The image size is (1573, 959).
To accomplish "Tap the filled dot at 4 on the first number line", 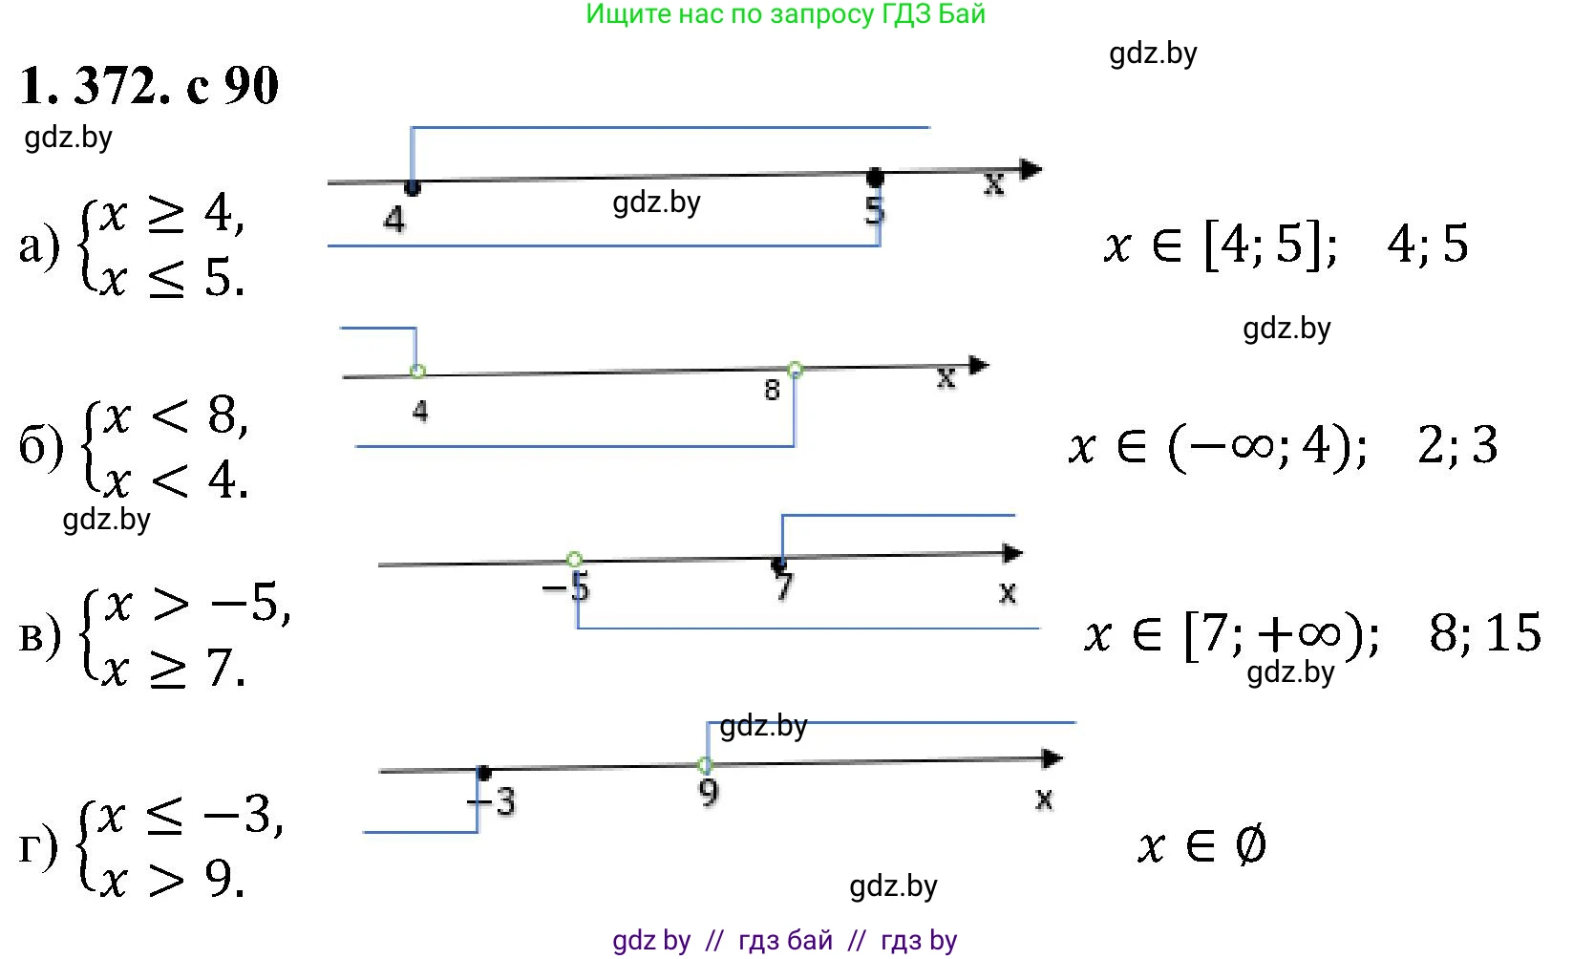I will (413, 187).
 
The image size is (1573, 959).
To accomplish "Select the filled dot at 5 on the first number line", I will (875, 178).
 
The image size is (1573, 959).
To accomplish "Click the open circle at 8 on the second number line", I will (795, 370).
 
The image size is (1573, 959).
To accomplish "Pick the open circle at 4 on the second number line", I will (416, 372).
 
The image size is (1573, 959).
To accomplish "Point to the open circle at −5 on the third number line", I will (574, 559).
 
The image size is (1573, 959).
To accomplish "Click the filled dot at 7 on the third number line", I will (779, 565).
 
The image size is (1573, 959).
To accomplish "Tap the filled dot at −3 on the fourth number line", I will (484, 773).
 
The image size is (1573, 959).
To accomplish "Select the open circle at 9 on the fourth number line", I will (705, 765).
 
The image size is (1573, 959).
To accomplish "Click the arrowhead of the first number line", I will (1031, 170).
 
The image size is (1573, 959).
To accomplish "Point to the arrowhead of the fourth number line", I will (1052, 758).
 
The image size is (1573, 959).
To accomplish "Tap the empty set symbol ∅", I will (1250, 845).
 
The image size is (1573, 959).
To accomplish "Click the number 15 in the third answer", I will (1514, 632).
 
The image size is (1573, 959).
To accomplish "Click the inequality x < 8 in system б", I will (176, 416).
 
